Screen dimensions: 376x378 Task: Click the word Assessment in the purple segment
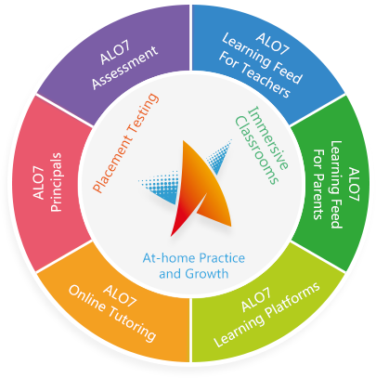pos(125,68)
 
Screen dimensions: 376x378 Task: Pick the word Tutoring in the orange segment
pos(132,325)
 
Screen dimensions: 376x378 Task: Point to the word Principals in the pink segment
pos(56,182)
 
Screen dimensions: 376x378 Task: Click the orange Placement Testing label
pos(126,143)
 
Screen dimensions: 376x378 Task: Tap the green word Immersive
pos(268,138)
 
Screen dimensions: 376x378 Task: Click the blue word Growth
pos(207,274)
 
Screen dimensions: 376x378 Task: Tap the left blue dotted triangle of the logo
pos(161,189)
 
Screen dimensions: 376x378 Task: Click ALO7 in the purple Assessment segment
pos(115,53)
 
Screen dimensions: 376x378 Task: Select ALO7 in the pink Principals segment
pos(38,182)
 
